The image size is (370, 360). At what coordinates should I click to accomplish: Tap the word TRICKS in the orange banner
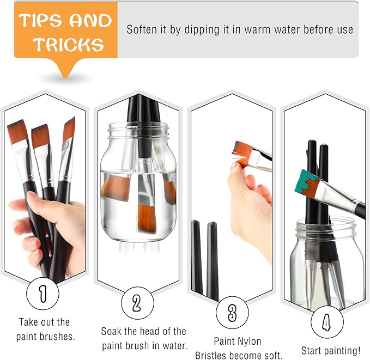tap(69, 44)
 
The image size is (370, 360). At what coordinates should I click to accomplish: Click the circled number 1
tap(43, 294)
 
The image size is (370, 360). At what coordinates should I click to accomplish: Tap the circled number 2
tap(137, 303)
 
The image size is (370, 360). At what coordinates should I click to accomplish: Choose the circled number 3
tap(232, 313)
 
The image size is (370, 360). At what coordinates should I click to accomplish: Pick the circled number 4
tap(327, 322)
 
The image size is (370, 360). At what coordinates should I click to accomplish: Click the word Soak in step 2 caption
tap(111, 332)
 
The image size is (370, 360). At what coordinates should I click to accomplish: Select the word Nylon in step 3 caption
tap(249, 341)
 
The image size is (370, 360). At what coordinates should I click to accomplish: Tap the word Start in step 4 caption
tap(312, 351)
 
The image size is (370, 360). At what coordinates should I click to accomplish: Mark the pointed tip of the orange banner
tap(67, 78)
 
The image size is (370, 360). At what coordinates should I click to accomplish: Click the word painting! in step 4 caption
tap(342, 351)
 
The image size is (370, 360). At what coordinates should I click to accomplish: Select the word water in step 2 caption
tap(175, 346)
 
